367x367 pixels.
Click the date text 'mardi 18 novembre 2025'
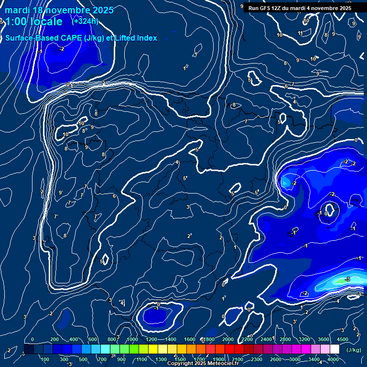(x=59, y=10)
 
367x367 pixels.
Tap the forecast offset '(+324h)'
(x=85, y=21)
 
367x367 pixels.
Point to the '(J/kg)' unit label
(x=354, y=350)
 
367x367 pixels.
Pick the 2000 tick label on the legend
(x=228, y=339)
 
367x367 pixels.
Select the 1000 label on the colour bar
(x=132, y=339)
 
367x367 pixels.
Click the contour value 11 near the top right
(x=301, y=33)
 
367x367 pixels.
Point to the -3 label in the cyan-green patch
(x=347, y=279)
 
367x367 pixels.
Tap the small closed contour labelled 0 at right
(x=329, y=209)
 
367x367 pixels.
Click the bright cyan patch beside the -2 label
(x=286, y=182)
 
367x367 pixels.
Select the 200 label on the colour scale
(x=54, y=339)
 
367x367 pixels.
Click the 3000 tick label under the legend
(x=295, y=359)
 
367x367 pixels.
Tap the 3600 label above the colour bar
(x=324, y=339)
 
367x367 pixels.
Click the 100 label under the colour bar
(x=45, y=359)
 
